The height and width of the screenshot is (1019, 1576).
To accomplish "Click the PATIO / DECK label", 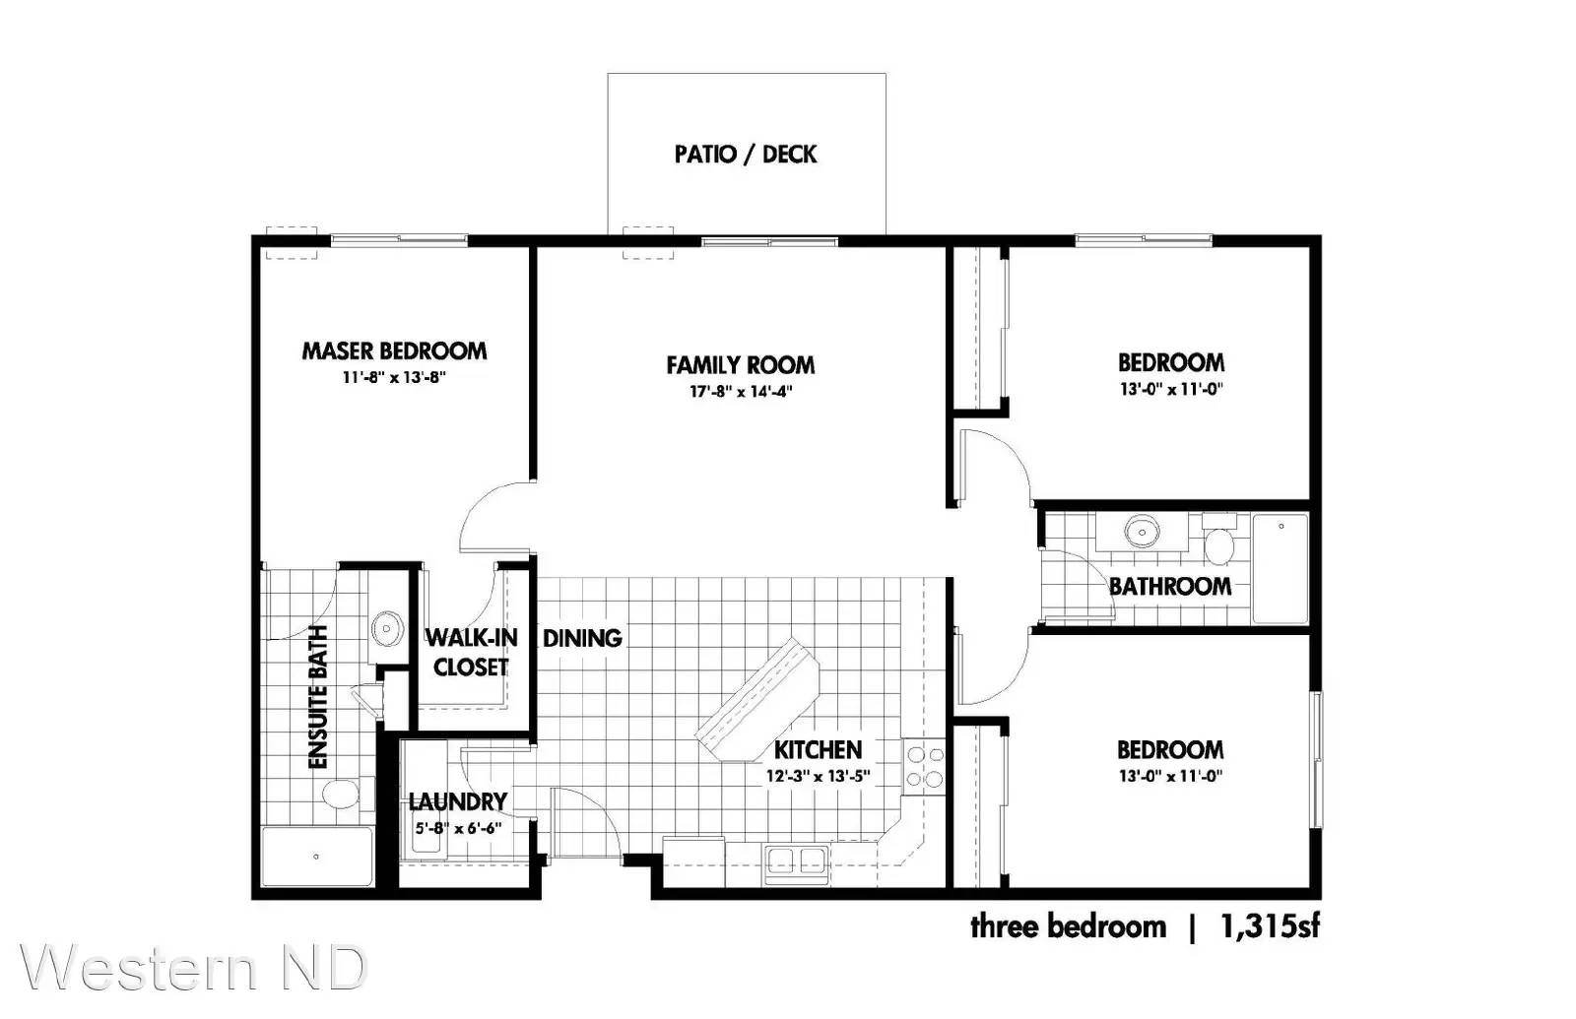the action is point(746,154).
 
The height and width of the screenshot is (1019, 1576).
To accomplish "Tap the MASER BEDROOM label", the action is point(394,350).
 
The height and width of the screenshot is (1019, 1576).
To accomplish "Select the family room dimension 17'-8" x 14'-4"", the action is point(741,391).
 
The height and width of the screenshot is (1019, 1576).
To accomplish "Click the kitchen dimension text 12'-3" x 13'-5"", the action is point(819,776).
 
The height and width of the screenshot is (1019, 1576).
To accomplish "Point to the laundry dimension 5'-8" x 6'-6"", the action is point(458,828).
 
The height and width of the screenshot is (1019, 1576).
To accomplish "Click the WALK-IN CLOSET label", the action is point(471,653).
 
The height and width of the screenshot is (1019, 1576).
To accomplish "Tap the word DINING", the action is point(582,638).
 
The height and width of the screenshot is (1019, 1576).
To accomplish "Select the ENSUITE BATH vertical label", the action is point(319,696).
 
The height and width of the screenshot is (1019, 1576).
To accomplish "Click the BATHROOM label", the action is point(1170,586).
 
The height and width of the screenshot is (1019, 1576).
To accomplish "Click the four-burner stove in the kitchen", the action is point(924,767).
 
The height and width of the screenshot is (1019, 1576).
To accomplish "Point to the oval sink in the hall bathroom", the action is point(1142,531).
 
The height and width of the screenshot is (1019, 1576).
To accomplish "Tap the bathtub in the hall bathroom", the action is point(1280,568).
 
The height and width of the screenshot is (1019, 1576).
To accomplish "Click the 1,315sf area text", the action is point(1271,926).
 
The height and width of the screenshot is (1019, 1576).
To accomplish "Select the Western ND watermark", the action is point(195,969).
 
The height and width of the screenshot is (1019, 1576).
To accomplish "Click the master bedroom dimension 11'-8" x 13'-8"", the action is point(394,378).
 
